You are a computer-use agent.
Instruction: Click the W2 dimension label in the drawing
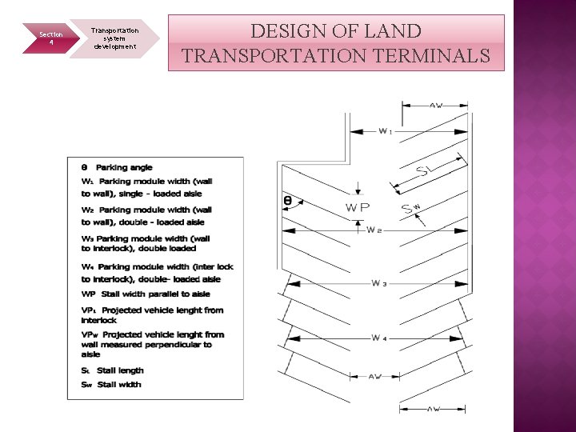[x=374, y=230]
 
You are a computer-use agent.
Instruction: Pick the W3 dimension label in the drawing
[x=379, y=283]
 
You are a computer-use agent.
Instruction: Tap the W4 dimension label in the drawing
[x=379, y=338]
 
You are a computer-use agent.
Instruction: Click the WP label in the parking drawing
[x=358, y=208]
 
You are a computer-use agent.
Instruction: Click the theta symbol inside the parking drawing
[x=287, y=200]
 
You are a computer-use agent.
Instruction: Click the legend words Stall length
[x=120, y=370]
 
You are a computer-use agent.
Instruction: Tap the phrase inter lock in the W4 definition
[x=215, y=266]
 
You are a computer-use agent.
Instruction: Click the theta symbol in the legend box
[x=84, y=167]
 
